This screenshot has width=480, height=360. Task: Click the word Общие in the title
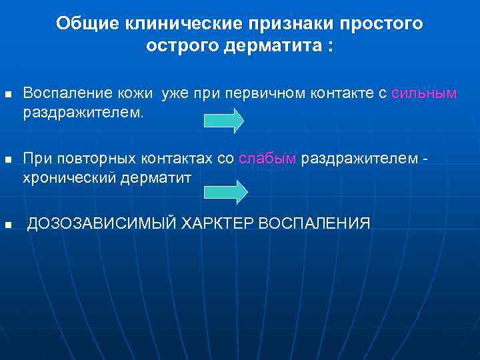83,24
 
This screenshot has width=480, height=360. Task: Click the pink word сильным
424,94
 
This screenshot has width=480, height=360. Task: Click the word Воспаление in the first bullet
60,94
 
